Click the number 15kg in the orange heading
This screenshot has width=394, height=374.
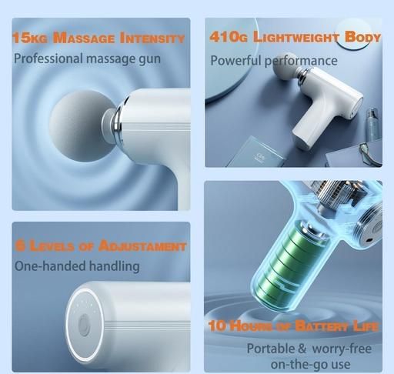30,38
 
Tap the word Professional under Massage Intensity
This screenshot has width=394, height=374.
48,58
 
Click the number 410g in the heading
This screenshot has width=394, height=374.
229,37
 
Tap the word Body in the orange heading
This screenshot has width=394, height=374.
362,37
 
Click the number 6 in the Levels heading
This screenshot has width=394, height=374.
21,245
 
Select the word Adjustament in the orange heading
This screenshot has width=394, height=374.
142,245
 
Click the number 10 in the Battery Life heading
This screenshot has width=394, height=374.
218,326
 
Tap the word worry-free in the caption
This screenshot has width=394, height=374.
342,349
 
